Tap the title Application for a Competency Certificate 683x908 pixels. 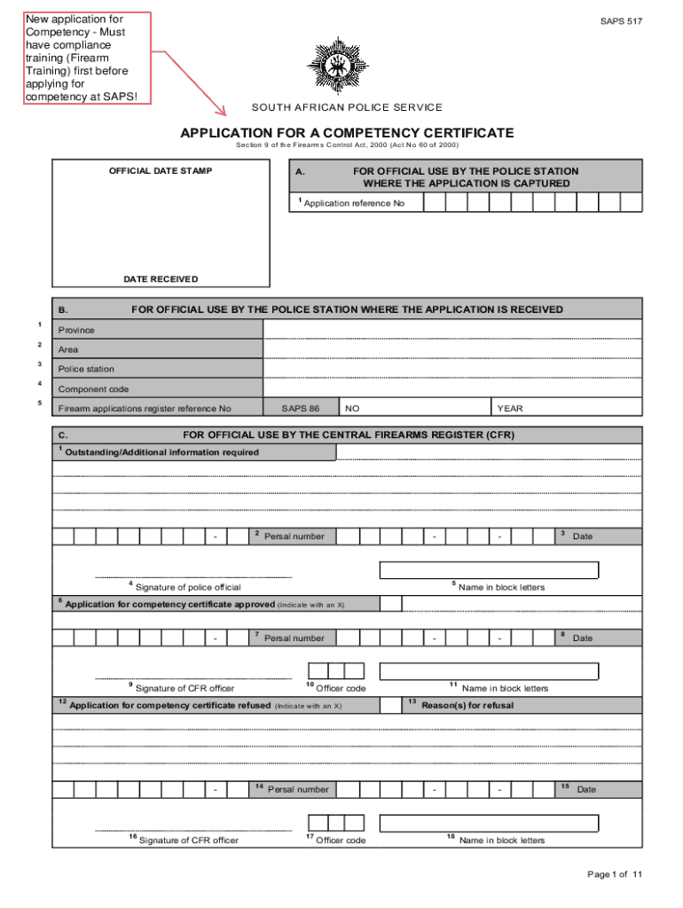(x=347, y=133)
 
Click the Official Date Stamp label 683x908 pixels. (x=161, y=171)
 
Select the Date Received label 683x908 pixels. (x=161, y=279)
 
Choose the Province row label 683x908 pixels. (x=76, y=330)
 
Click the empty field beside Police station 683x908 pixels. (x=452, y=369)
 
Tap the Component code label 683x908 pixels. (x=93, y=389)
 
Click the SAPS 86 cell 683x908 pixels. (x=300, y=409)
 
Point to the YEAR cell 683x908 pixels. (x=510, y=409)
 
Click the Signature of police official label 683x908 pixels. (x=187, y=587)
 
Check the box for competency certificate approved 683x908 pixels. (x=390, y=604)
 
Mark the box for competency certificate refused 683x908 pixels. (x=390, y=705)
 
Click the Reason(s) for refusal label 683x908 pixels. (x=467, y=706)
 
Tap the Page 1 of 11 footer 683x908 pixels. (x=614, y=874)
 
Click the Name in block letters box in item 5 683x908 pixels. (x=489, y=570)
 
